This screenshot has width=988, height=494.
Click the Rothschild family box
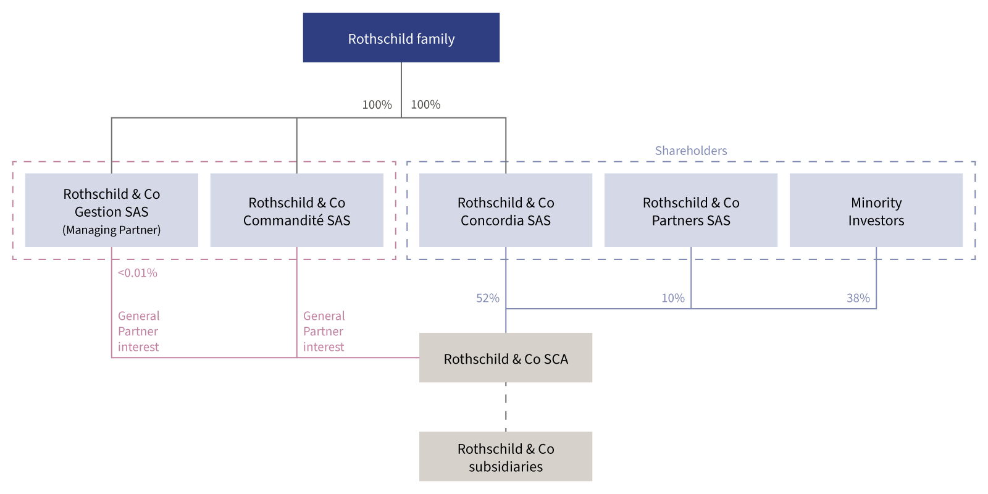click(401, 38)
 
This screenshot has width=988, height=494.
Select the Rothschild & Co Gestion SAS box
click(111, 210)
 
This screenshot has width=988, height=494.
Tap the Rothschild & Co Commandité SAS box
click(296, 211)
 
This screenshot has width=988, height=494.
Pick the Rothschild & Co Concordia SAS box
click(506, 211)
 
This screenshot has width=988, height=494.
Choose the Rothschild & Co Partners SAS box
click(691, 211)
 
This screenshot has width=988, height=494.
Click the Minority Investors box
click(876, 211)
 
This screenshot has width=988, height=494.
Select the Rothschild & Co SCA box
click(506, 358)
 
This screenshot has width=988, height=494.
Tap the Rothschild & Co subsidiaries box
click(506, 457)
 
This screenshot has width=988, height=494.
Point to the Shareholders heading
click(691, 151)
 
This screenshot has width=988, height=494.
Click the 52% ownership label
click(487, 298)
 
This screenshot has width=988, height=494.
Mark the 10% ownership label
click(672, 298)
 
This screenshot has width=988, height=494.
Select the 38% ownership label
click(858, 298)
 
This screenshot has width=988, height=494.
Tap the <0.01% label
click(137, 273)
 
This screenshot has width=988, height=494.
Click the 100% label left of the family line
click(377, 105)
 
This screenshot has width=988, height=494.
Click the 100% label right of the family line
click(425, 105)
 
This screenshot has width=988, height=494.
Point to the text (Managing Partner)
click(111, 230)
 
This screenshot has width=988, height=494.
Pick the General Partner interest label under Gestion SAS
click(138, 332)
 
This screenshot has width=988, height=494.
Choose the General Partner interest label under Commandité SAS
click(324, 332)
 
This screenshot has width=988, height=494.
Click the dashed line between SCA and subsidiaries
click(506, 408)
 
